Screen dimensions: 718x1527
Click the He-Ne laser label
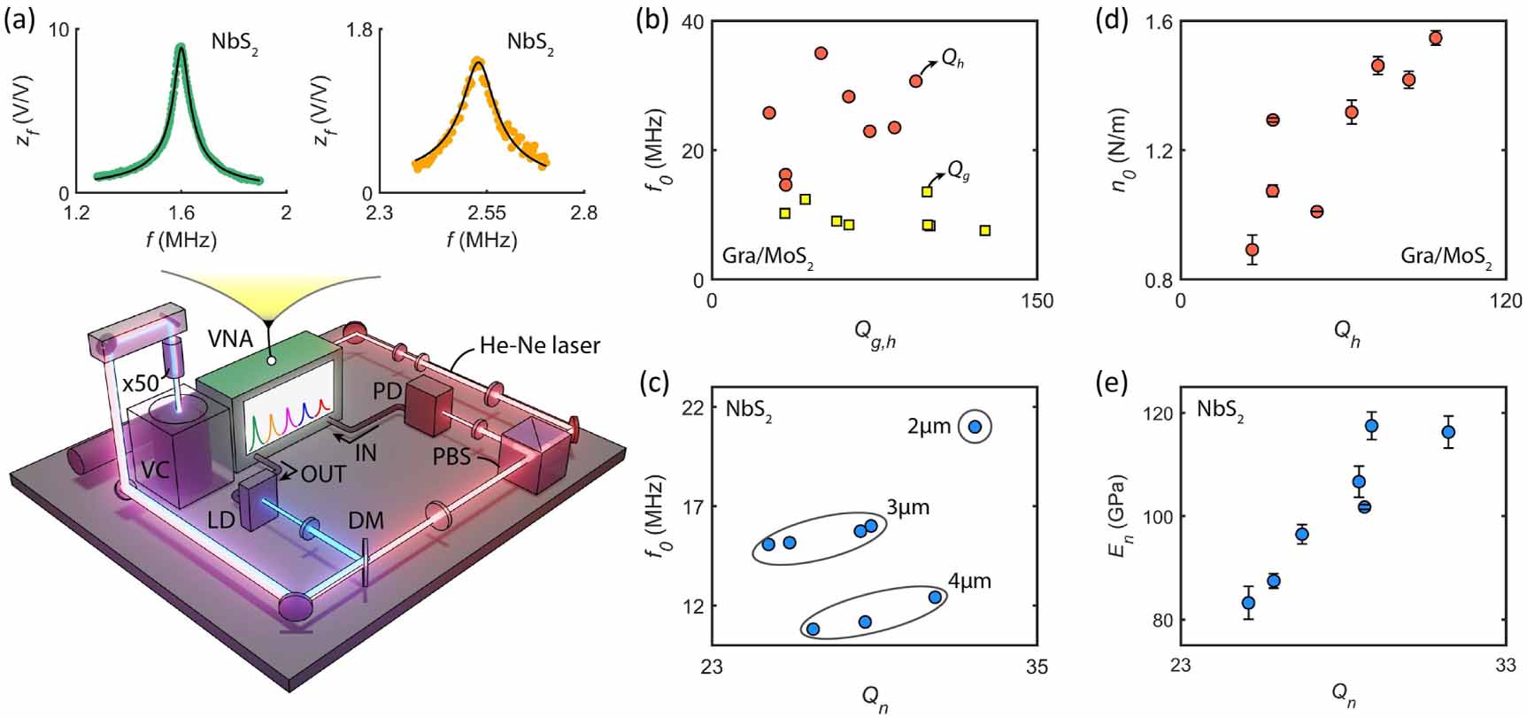click(x=540, y=345)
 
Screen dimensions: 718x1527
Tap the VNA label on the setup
click(x=230, y=337)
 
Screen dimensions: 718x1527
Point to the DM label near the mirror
click(x=366, y=520)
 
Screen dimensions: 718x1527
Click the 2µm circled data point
click(x=975, y=427)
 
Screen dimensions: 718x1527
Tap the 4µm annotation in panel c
click(x=969, y=582)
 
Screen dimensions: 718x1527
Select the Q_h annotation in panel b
click(x=952, y=59)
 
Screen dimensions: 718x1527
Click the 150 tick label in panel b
click(x=1037, y=301)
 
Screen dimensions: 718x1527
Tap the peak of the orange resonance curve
click(x=478, y=61)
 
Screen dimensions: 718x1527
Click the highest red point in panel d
click(x=1435, y=38)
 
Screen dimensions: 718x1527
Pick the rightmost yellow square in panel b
click(x=984, y=231)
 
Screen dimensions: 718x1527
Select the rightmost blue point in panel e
click(x=1448, y=432)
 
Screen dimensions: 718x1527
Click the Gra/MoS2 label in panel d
click(x=1446, y=258)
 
